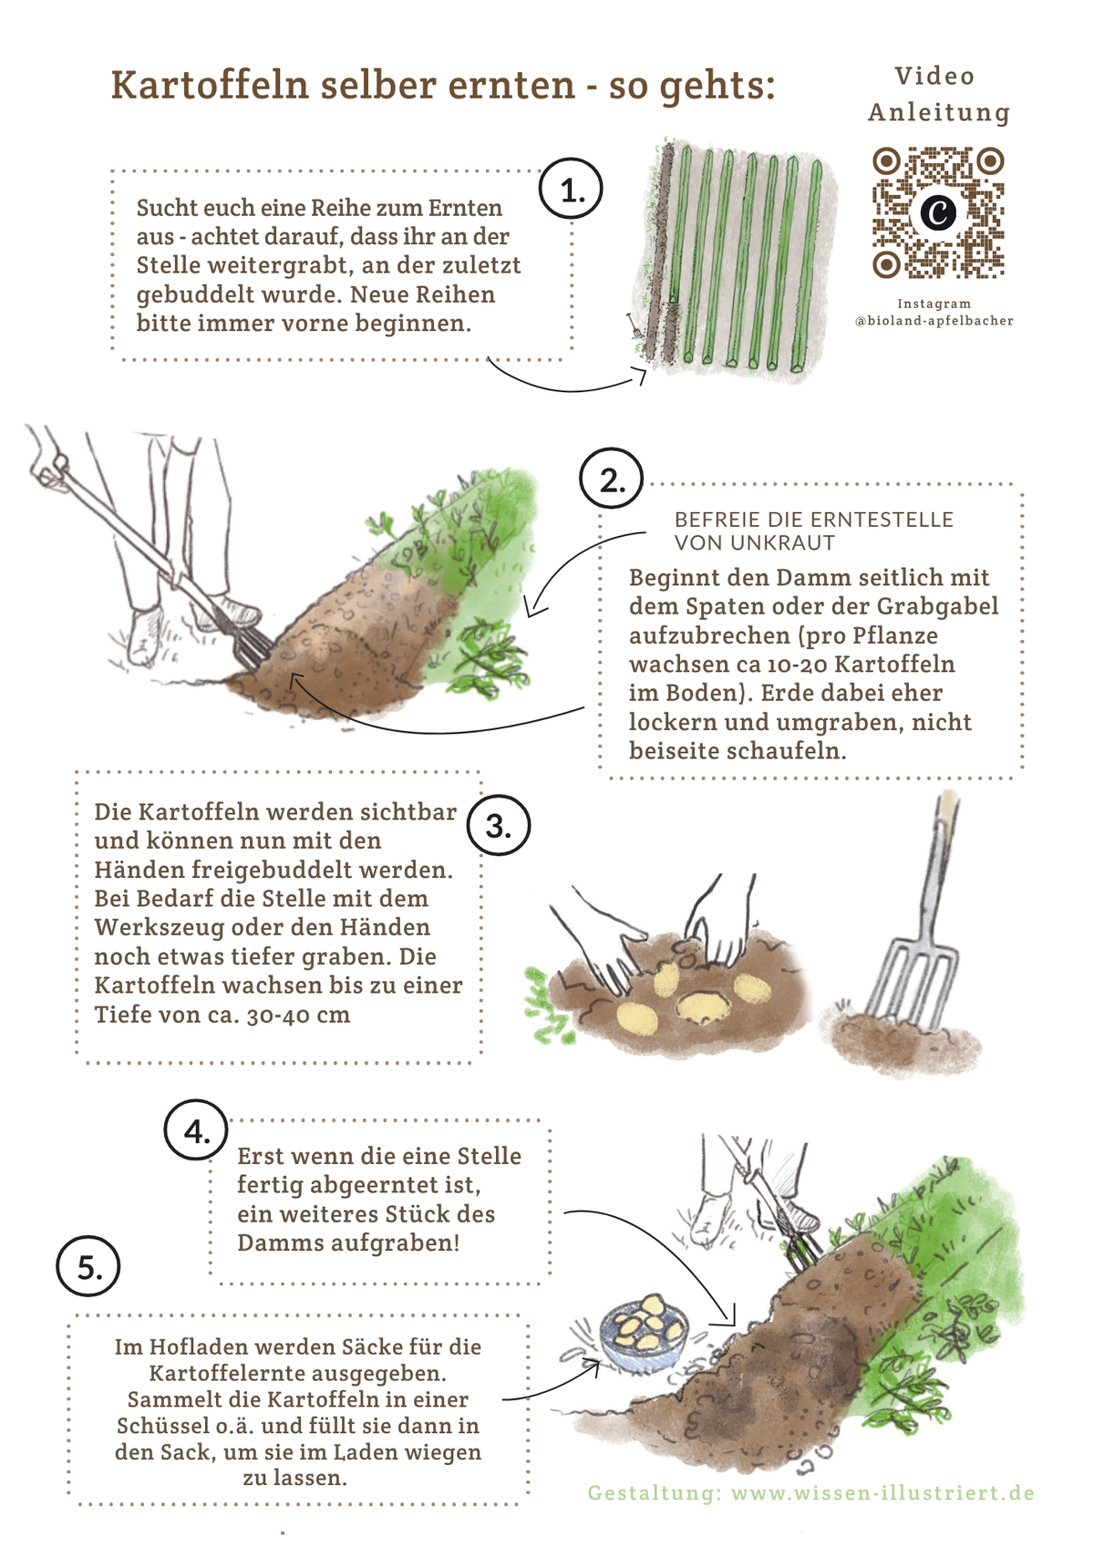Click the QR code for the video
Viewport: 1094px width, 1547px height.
[x=938, y=212]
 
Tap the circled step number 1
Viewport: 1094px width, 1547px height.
[x=571, y=189]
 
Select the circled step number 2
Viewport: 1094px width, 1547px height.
[x=611, y=479]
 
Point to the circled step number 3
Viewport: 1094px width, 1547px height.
[x=499, y=825]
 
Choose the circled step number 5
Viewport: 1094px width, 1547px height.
[x=88, y=1267]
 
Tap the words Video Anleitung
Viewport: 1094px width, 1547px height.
[x=939, y=94]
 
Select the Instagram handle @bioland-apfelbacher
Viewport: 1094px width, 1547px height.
[x=934, y=321]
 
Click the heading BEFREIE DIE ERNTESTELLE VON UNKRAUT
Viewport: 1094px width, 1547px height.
[x=813, y=531]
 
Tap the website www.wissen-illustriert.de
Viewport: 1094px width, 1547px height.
[x=883, y=1492]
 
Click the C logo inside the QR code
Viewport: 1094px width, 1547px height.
[x=938, y=212]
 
